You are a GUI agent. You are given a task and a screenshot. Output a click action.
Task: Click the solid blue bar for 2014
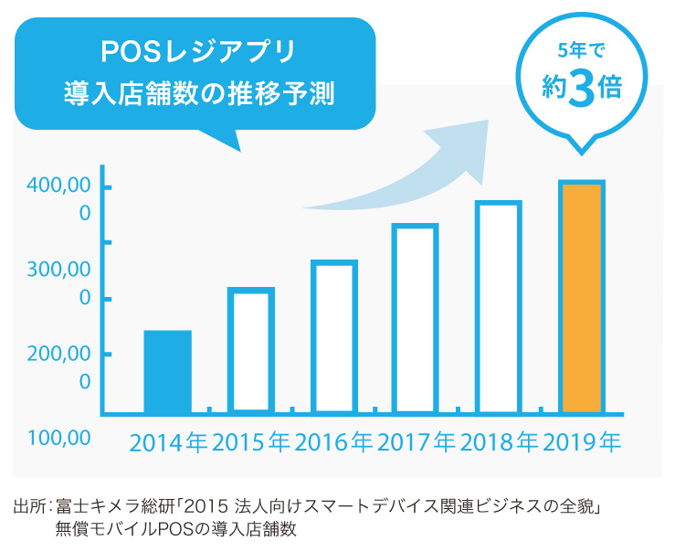pyautogui.click(x=168, y=371)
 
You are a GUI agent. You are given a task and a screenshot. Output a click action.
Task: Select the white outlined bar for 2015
pyautogui.click(x=251, y=350)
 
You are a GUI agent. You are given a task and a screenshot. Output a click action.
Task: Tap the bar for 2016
pyautogui.click(x=333, y=336)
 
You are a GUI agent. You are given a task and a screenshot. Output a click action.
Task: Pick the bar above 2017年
pyautogui.click(x=416, y=318)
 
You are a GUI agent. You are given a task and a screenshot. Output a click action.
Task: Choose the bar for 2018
pyautogui.click(x=499, y=307)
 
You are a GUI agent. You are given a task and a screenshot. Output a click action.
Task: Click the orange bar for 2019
pyautogui.click(x=581, y=297)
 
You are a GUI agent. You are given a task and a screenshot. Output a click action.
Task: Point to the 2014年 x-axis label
pyautogui.click(x=168, y=443)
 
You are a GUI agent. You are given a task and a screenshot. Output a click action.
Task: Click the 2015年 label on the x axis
pyautogui.click(x=251, y=443)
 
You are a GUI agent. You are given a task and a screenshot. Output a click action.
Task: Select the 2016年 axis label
pyautogui.click(x=333, y=443)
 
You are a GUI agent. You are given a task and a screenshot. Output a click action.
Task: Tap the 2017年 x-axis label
pyautogui.click(x=416, y=443)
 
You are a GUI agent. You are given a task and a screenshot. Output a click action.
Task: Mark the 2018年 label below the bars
pyautogui.click(x=499, y=443)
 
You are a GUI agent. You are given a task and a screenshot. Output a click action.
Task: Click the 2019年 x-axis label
pyautogui.click(x=582, y=443)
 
